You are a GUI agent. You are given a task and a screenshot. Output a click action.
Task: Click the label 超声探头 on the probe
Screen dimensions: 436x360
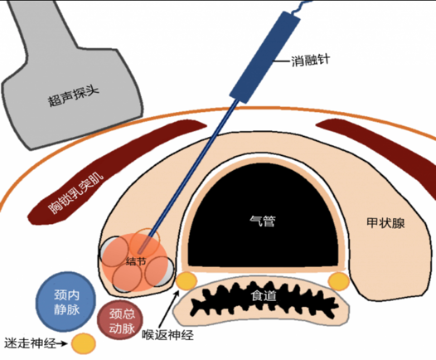pyautogui.click(x=74, y=96)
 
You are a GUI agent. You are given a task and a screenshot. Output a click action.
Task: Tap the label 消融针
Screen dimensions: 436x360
pyautogui.click(x=310, y=61)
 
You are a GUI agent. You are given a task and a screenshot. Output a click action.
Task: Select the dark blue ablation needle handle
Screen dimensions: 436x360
pyautogui.click(x=264, y=57)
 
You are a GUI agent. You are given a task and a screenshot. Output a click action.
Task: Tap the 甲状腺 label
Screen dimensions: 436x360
pyautogui.click(x=385, y=223)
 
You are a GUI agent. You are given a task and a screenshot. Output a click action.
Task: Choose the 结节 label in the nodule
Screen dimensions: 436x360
pyautogui.click(x=136, y=261)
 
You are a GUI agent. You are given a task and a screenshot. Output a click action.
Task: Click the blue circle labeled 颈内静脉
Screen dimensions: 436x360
pyautogui.click(x=66, y=302)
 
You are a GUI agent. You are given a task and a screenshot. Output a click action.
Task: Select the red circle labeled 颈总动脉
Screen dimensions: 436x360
pyautogui.click(x=120, y=320)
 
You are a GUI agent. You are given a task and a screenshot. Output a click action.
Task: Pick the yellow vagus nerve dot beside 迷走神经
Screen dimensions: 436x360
pyautogui.click(x=84, y=343)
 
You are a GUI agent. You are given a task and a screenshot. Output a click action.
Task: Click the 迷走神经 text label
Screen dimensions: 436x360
pyautogui.click(x=30, y=343)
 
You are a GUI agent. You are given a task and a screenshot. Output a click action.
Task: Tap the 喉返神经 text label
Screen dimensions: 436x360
pyautogui.click(x=168, y=335)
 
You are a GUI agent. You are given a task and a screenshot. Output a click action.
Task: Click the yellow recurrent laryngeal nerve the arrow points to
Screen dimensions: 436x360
pyautogui.click(x=187, y=281)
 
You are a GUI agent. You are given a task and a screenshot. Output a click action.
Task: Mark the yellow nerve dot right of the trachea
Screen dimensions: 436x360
pyautogui.click(x=338, y=281)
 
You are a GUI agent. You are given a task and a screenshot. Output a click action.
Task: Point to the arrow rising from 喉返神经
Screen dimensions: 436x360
pyautogui.click(x=169, y=309)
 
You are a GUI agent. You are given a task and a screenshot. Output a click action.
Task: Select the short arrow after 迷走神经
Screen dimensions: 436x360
pyautogui.click(x=62, y=344)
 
